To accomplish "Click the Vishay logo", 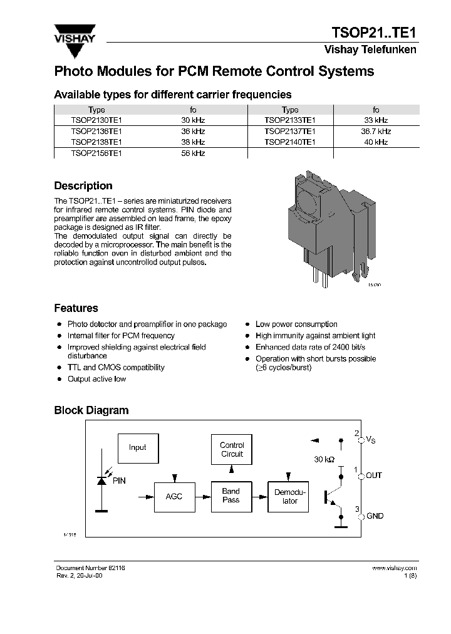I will (74, 34).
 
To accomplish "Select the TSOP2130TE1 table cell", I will (96, 120).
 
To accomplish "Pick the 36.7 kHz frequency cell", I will (376, 132).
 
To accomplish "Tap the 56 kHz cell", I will (193, 153).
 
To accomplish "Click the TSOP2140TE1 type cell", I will (289, 142).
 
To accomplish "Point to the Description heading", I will (83, 186).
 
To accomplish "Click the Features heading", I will (76, 308).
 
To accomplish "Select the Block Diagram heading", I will (91, 411).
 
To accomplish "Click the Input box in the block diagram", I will (138, 448).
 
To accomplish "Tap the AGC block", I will (174, 496).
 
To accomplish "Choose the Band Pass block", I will (231, 496).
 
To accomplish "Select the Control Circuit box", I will (232, 450).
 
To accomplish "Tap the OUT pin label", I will (374, 476).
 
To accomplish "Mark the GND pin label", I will (375, 516).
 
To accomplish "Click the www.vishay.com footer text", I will (394, 568).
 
